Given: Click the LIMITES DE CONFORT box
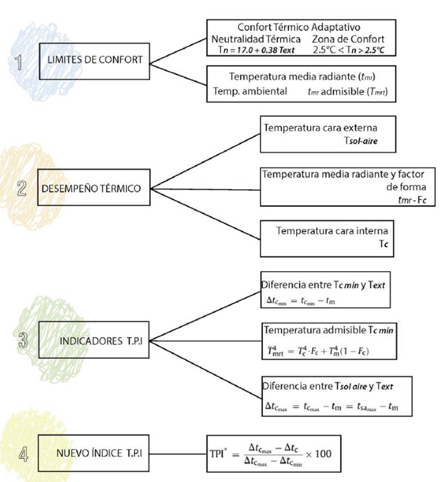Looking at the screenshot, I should point(95,59).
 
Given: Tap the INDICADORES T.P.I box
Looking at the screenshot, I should point(95,340).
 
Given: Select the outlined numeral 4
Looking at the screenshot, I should point(23,454).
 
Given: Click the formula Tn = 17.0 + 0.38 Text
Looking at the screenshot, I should point(257,50).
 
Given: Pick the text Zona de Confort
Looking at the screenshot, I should point(349,39).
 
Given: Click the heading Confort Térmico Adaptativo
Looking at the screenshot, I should point(298,27).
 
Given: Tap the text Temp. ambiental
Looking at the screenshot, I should point(250,91).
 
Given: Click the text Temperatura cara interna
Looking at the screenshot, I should point(332,231).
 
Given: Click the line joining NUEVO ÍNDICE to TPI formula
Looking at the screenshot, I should point(179,454).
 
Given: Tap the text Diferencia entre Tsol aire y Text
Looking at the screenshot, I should point(327,386).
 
